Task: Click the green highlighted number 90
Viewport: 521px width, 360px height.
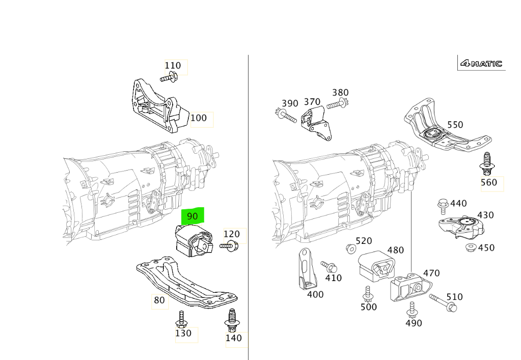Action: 193,216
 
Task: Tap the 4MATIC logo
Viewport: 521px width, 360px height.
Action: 481,64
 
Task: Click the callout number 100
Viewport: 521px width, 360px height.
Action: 199,118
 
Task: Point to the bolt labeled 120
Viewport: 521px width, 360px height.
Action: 229,246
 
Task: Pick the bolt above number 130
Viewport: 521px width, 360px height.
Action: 182,319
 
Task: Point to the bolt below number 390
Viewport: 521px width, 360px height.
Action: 286,116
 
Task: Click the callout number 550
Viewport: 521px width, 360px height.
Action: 455,125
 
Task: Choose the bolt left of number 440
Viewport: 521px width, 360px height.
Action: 443,206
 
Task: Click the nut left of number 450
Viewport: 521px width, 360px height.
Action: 471,247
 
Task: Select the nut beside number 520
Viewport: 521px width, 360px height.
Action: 350,248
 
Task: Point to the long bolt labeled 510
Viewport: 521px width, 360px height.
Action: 443,302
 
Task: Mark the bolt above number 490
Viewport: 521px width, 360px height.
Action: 412,310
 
